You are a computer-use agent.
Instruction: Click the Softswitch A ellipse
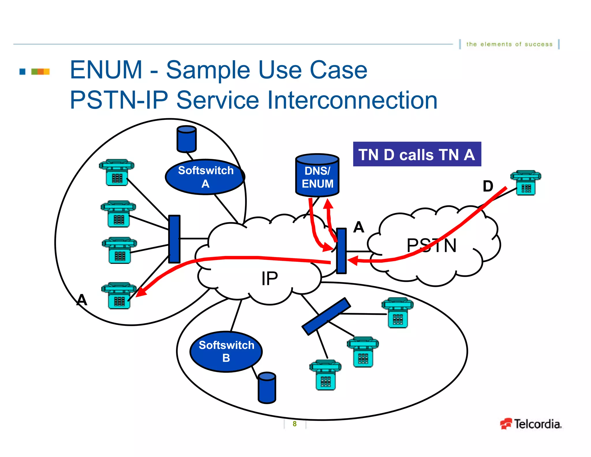point(205,177)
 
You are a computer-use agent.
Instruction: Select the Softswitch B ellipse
point(226,351)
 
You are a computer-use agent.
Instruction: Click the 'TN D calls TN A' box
point(417,154)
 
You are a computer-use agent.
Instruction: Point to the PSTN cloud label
point(431,246)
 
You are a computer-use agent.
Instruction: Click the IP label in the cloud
point(270,278)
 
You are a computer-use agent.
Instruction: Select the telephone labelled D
point(525,183)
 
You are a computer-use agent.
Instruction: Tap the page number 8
point(294,424)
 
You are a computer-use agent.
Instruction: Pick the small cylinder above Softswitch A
point(186,139)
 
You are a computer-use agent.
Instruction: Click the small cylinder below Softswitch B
point(267,388)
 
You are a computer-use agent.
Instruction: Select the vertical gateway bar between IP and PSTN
point(341,251)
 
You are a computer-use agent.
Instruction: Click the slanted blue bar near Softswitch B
point(326,316)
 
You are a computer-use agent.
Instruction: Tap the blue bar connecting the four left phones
point(174,239)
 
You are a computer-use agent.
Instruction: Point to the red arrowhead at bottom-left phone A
point(141,292)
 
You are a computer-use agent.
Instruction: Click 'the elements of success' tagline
point(509,44)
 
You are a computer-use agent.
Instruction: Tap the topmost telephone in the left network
point(117,172)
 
